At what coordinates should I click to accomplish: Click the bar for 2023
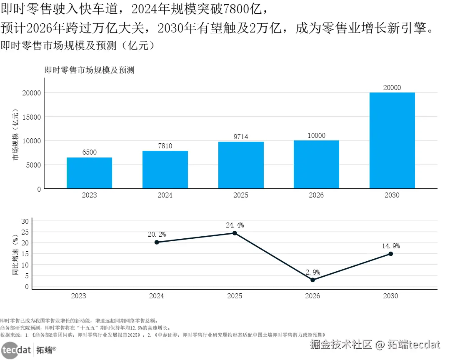coord(89,173)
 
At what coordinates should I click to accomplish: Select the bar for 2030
coord(392,140)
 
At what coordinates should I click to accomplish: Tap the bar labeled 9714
coord(241,165)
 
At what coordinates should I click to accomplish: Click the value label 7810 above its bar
coord(165,146)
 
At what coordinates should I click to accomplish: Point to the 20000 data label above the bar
coord(392,87)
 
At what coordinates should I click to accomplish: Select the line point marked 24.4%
coord(235,233)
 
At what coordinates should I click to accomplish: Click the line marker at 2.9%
coord(313,280)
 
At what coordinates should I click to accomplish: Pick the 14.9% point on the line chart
coord(390,254)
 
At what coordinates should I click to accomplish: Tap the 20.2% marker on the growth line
coord(157,242)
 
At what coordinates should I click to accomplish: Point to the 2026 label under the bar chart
coord(316,195)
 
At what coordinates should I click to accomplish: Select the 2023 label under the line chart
coord(79,296)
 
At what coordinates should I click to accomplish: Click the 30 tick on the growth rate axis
coord(25,221)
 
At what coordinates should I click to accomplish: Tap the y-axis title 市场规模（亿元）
coord(16,135)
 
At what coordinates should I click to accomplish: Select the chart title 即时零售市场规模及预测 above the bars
coord(90,70)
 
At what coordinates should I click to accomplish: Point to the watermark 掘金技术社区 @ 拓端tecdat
coord(375,345)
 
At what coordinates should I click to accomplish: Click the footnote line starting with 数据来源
coord(162,335)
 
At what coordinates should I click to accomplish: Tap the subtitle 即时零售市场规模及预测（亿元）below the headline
coord(78,45)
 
